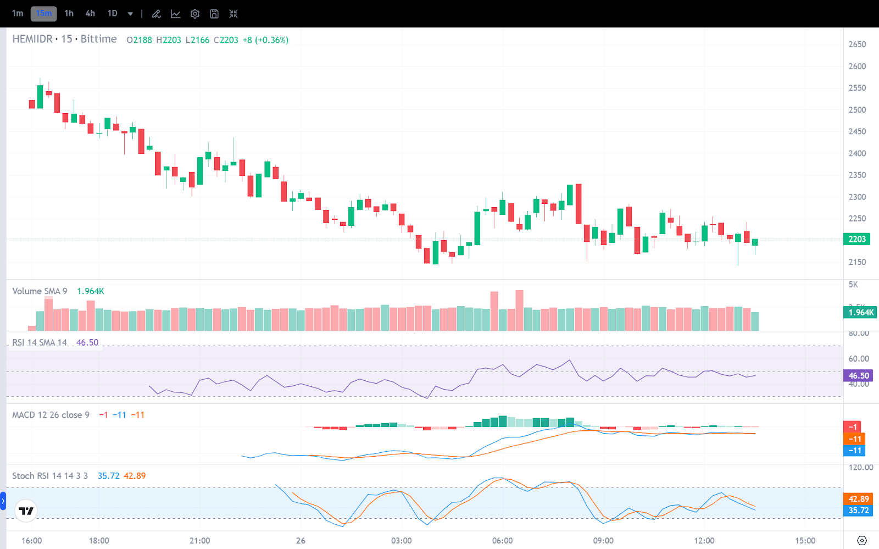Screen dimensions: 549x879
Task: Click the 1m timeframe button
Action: [x=18, y=13]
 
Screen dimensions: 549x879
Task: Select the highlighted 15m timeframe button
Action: [x=43, y=13]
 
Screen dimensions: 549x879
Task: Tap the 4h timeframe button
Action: [x=90, y=13]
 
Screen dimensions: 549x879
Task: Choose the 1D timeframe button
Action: [x=113, y=13]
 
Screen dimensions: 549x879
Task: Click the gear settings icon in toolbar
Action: [x=195, y=14]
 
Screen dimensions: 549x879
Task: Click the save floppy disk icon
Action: [x=214, y=14]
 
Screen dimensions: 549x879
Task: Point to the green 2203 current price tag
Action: [x=856, y=239]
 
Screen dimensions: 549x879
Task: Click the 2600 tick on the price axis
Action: [x=857, y=66]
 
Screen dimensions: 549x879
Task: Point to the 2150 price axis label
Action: [x=857, y=262]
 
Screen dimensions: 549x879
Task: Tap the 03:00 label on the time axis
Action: [x=401, y=541]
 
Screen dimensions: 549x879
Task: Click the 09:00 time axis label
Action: [x=603, y=541]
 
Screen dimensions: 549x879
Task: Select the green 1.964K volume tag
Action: [x=860, y=312]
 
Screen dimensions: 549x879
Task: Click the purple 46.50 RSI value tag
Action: [x=858, y=376]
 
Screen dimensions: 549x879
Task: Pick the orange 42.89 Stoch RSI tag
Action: [x=858, y=499]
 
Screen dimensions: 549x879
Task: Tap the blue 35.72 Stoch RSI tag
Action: [x=858, y=511]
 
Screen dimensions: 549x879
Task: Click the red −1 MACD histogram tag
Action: [x=852, y=427]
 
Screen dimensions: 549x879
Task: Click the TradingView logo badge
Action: [x=26, y=511]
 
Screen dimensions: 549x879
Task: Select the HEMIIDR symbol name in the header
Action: [x=32, y=39]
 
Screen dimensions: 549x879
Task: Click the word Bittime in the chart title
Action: [x=99, y=39]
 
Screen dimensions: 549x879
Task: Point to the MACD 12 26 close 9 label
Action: [x=51, y=415]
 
